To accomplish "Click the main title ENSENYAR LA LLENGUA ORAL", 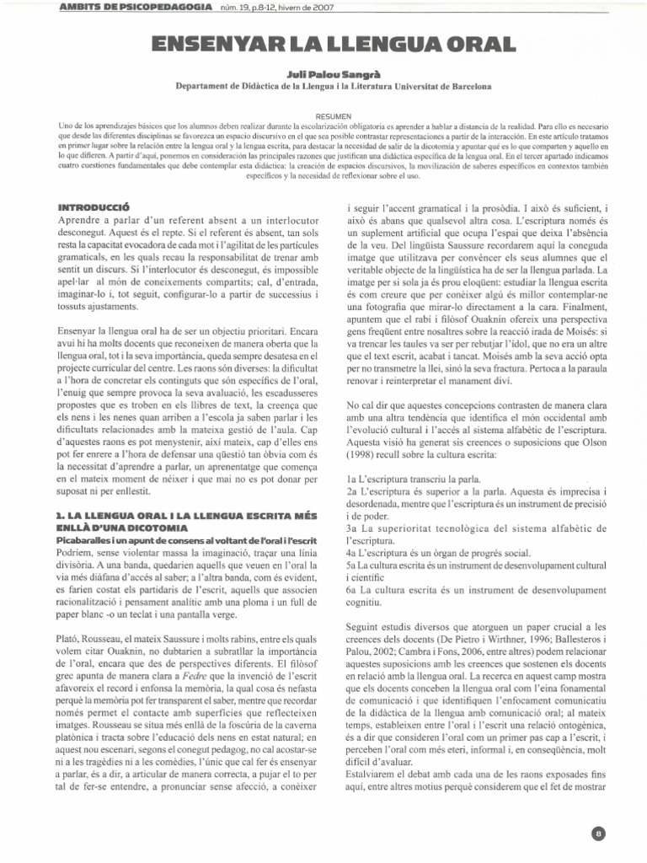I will (x=323, y=45).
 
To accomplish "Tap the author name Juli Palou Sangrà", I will (x=323, y=74).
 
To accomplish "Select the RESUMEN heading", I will (x=323, y=115).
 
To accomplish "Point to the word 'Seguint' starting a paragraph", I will (x=367, y=627).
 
